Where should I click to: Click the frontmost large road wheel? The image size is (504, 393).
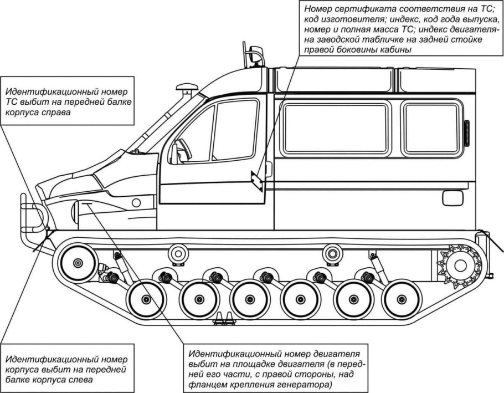146,300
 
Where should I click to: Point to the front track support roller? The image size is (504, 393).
178,254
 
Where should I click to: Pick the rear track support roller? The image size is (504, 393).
332,254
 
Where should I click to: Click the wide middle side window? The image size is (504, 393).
335,129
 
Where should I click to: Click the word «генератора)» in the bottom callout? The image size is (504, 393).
305,384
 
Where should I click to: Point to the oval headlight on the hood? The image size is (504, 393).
74,212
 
